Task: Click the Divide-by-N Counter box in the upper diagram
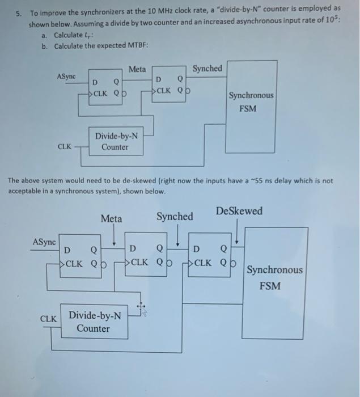[x=115, y=142]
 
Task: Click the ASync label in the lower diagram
[x=44, y=242]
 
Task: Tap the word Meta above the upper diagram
[x=137, y=69]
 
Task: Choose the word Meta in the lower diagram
[x=111, y=218]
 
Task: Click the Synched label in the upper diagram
[x=207, y=69]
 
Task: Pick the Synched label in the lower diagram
[x=175, y=217]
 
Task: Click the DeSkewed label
[x=239, y=211]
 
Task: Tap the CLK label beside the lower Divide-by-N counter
[x=48, y=318]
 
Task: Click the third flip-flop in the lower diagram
[x=208, y=255]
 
